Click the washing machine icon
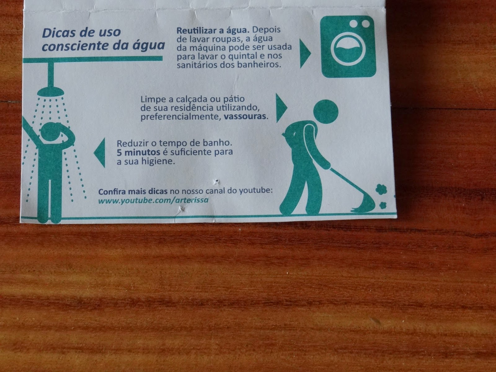(x=349, y=46)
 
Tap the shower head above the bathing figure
(x=51, y=92)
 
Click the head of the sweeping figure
(x=325, y=112)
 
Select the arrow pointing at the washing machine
(x=305, y=53)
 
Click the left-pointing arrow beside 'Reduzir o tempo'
(x=100, y=153)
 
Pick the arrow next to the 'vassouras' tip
(x=281, y=108)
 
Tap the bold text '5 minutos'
(x=138, y=153)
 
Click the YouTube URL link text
(x=153, y=200)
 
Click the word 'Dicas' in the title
(x=58, y=33)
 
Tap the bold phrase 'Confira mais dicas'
(x=133, y=192)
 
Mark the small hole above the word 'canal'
(x=217, y=181)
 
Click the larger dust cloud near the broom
(x=381, y=189)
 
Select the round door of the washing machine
(x=348, y=49)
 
